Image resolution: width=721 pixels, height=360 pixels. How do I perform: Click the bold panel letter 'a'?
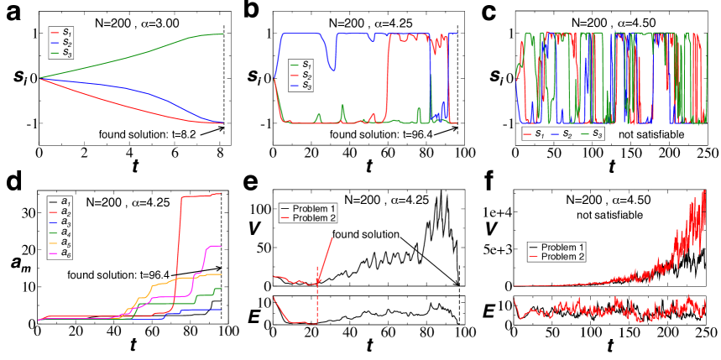click(x=11, y=13)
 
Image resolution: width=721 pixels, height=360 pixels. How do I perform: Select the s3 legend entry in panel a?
click(x=67, y=56)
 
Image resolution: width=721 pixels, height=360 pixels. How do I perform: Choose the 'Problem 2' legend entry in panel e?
click(x=313, y=217)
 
